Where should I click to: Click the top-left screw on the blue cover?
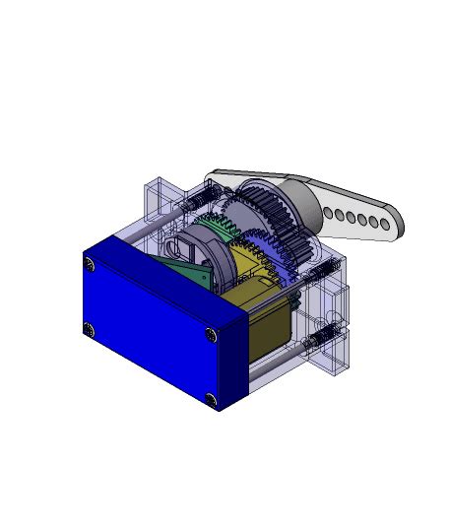[x=90, y=264]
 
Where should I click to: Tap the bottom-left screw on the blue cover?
[x=89, y=329]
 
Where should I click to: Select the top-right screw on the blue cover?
[x=211, y=334]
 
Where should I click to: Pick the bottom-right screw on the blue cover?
[x=212, y=398]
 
